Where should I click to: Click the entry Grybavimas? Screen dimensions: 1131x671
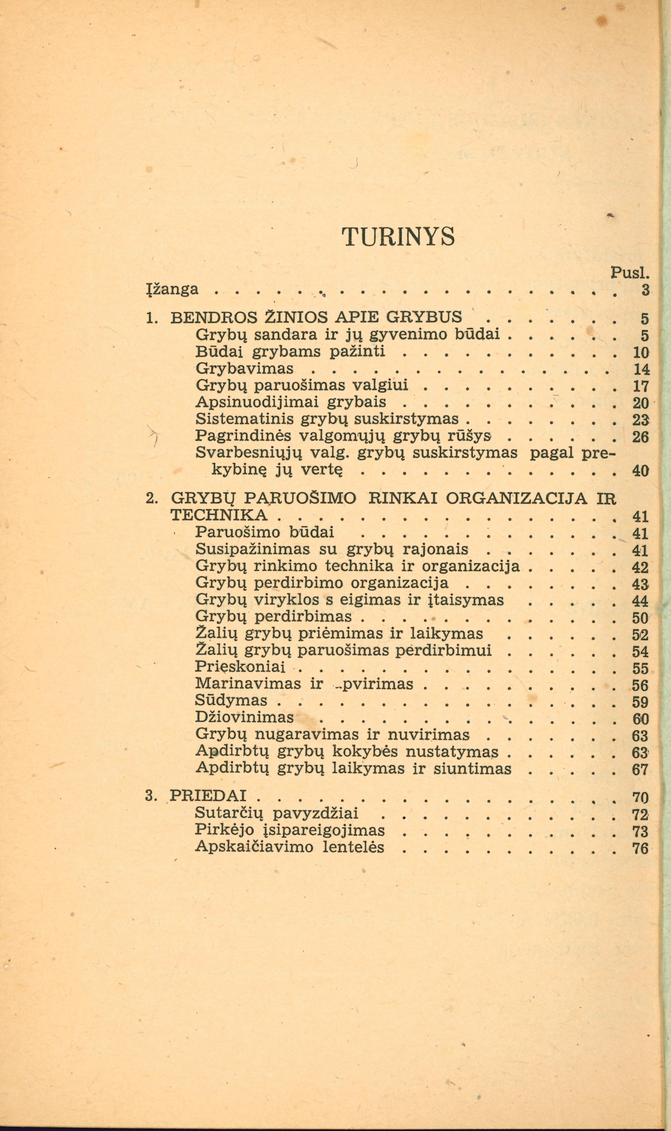(245, 369)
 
